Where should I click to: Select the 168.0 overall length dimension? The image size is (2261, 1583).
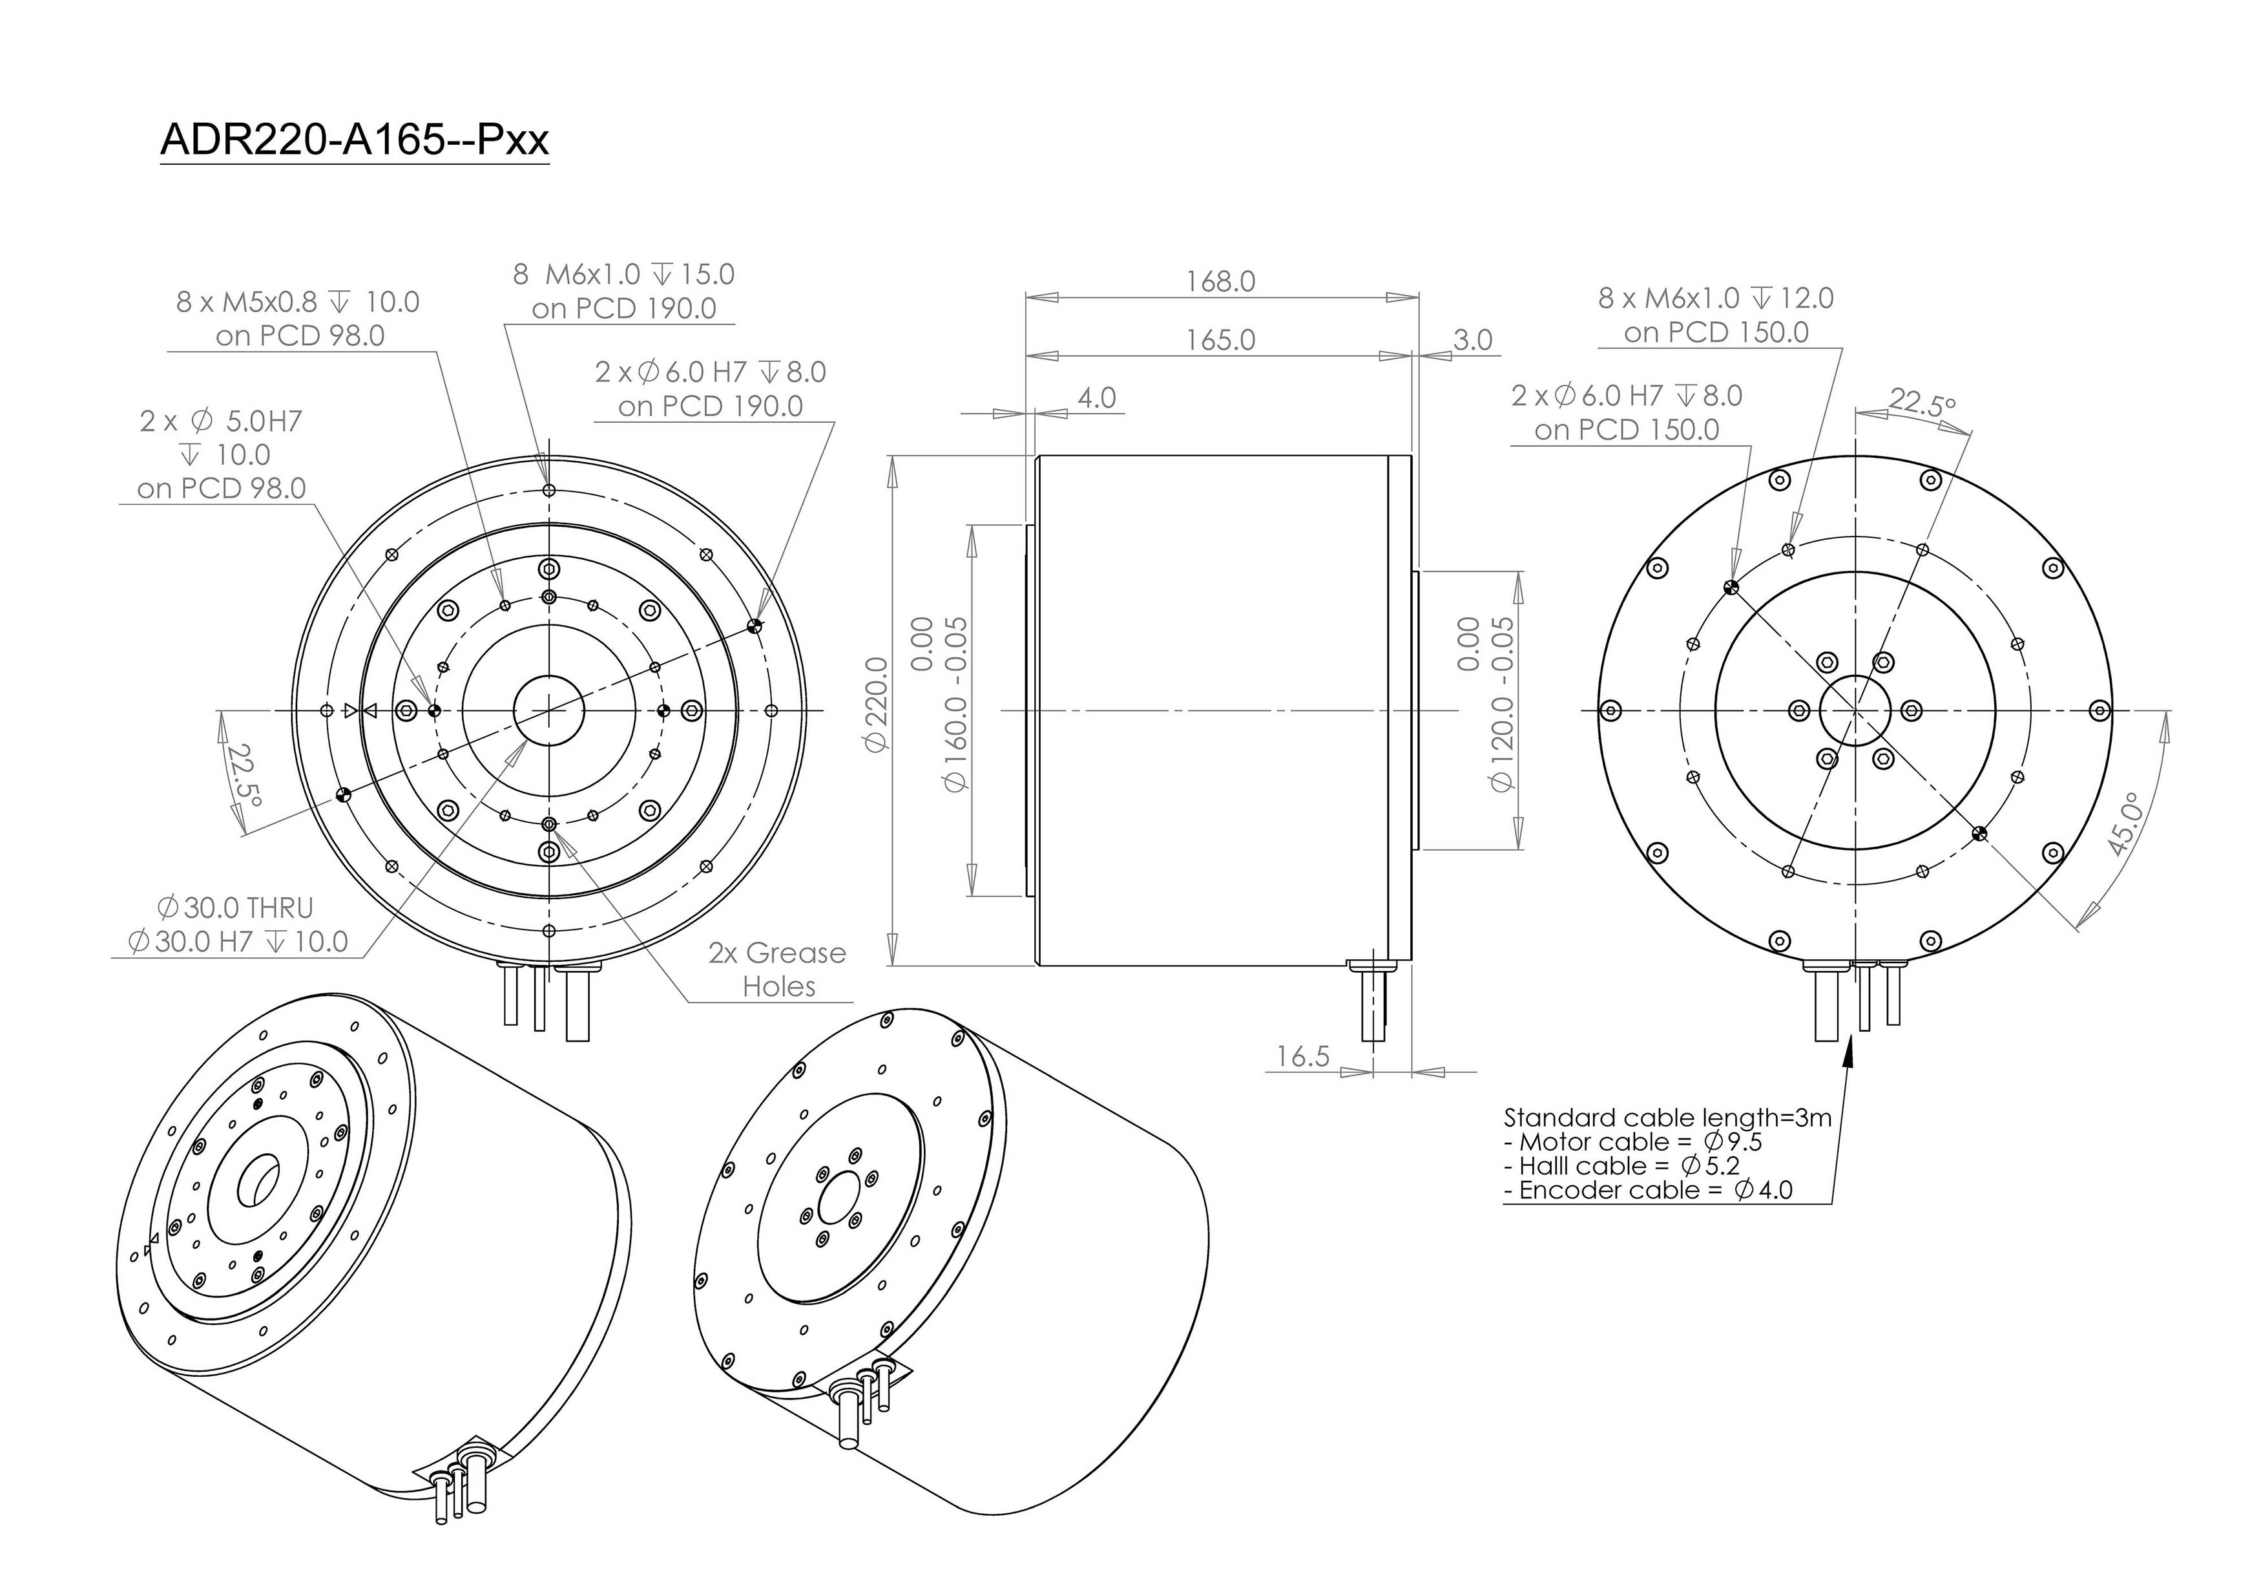pos(1220,282)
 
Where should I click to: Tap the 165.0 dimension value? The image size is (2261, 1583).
pos(1220,340)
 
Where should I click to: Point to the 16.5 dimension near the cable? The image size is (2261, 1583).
pos(1303,1056)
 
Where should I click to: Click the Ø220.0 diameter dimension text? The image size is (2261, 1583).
pos(877,705)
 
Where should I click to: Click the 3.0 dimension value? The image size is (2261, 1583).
pos(1473,340)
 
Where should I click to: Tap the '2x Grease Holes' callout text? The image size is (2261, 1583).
pos(778,970)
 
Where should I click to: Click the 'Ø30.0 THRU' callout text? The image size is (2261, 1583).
pos(234,908)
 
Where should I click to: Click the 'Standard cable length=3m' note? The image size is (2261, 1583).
pos(1667,1117)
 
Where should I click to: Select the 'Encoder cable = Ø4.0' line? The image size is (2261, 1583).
pos(1649,1190)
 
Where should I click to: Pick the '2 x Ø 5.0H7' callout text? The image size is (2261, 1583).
pos(220,421)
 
